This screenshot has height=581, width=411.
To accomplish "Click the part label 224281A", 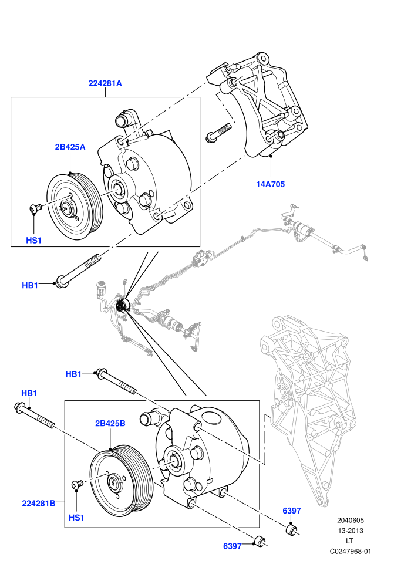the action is pos(105,83).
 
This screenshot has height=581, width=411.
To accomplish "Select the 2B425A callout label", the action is pos(70,147).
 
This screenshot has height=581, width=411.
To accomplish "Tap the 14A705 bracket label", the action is pos(271,184).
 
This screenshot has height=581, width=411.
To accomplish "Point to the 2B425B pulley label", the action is pos(110,423).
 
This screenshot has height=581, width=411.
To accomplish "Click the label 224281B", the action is pos(39,503).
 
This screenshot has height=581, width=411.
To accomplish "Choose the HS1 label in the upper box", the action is pos(33,241).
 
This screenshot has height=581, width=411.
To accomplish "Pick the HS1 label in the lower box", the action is pos(76,518).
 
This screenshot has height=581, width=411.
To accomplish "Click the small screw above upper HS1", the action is pos(35,208).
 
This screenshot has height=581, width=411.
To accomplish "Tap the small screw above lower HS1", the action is pos(77,484).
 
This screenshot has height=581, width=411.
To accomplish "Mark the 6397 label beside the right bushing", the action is pos(292,511).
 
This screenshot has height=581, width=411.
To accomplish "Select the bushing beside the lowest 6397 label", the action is pos(261,541).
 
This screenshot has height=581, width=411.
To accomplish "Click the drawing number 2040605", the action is pos(350,520).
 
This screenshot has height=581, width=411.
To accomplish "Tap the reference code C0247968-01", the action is pos(350,551).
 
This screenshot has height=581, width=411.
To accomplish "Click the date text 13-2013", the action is pos(350,531).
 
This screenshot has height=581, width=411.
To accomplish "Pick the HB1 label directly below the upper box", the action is pos(30,285).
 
